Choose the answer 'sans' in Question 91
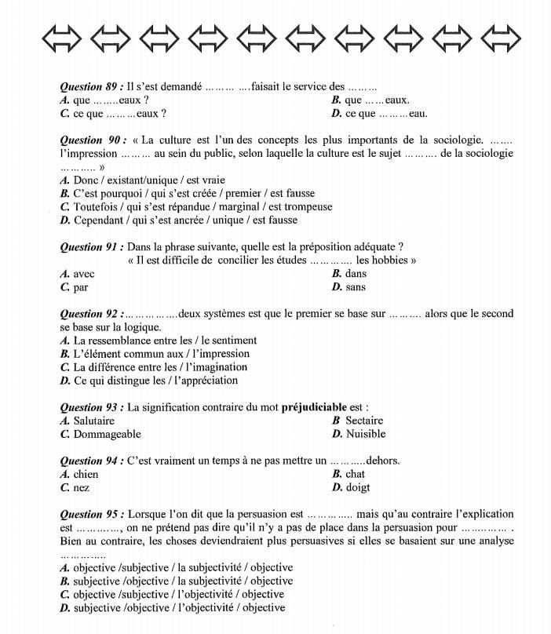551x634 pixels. (x=355, y=287)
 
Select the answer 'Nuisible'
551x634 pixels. (x=365, y=434)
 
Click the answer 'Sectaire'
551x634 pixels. (x=363, y=421)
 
